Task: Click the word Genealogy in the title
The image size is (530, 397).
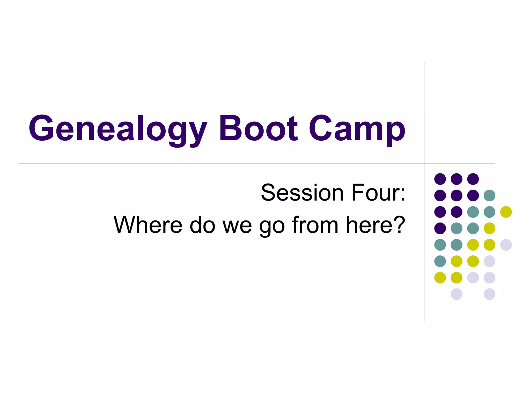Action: (x=118, y=128)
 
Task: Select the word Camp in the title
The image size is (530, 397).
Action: (x=357, y=128)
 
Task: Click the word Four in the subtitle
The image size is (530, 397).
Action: (x=373, y=193)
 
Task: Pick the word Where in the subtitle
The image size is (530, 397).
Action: (x=148, y=225)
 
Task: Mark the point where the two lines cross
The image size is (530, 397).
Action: (x=424, y=163)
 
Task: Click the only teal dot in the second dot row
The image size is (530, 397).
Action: (x=489, y=195)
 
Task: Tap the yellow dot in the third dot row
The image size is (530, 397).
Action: (x=506, y=212)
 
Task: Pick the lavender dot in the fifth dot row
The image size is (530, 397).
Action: (x=506, y=245)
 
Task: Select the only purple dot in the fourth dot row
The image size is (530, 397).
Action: (x=440, y=228)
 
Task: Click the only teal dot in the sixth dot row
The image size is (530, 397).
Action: (x=440, y=261)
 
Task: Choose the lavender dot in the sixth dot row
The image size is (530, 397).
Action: (x=489, y=261)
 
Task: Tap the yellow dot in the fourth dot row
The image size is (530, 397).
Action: (x=489, y=228)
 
